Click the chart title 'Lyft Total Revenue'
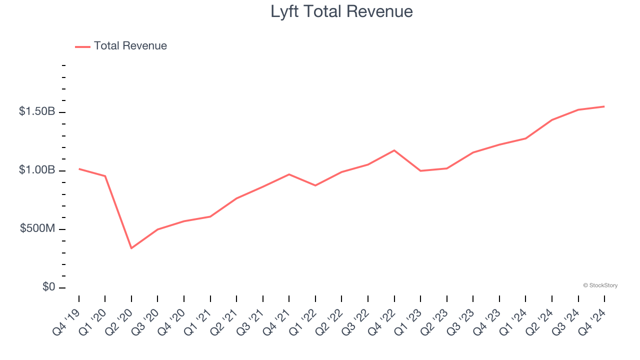click(x=341, y=11)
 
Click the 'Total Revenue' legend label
click(x=130, y=46)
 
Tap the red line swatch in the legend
click(x=82, y=46)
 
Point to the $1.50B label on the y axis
click(x=37, y=111)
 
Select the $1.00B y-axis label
click(x=37, y=170)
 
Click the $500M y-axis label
click(x=37, y=228)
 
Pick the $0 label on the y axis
click(x=48, y=287)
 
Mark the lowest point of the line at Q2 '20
click(x=131, y=248)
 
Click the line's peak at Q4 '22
click(x=394, y=150)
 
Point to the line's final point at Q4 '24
click(x=604, y=106)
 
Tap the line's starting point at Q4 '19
click(x=79, y=169)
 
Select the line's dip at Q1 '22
click(x=315, y=185)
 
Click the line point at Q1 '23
click(x=420, y=171)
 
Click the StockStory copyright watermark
click(x=600, y=285)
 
